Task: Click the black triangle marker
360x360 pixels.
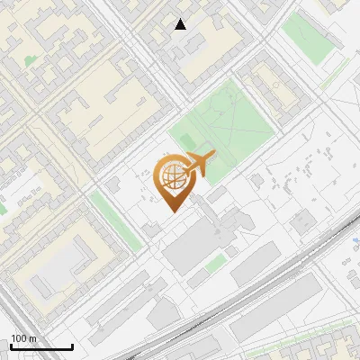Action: coord(181,24)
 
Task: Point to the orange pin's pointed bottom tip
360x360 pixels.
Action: coord(173,211)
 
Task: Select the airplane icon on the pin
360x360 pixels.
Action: coord(200,165)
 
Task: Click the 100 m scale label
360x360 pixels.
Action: coord(24,338)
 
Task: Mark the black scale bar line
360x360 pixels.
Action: coord(41,346)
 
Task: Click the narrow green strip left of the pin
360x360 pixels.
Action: coord(116,220)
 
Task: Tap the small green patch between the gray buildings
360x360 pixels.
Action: coord(215,263)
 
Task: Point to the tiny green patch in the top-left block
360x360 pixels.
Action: coord(31,60)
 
